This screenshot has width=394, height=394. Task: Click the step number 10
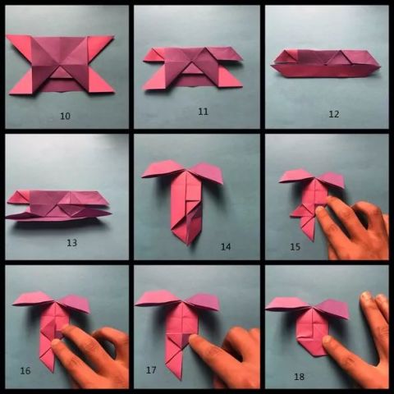[65, 116]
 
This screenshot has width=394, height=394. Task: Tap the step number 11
[203, 112]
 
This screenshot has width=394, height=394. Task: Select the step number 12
[334, 114]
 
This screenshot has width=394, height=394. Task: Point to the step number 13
[71, 243]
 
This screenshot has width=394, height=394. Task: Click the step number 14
[226, 247]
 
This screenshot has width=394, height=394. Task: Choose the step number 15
[295, 247]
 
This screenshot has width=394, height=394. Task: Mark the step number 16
[25, 371]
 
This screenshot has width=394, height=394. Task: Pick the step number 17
[151, 370]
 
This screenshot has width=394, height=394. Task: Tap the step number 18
[299, 377]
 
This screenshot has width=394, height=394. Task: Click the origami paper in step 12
[326, 63]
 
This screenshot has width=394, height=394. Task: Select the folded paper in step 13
[58, 206]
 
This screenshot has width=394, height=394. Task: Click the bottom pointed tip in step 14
[188, 245]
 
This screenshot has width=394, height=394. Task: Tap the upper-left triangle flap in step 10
[21, 45]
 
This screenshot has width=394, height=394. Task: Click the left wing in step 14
[163, 169]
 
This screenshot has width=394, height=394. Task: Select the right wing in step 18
[333, 309]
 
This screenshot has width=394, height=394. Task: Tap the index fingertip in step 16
[56, 342]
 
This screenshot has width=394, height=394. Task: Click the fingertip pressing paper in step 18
[328, 340]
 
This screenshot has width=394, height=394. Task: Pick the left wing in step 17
[157, 299]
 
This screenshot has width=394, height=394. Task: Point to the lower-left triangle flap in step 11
[154, 80]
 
